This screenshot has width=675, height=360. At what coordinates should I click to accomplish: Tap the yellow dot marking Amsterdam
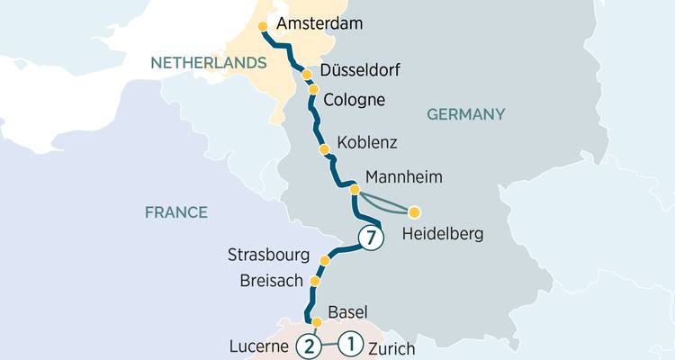pos(263,26)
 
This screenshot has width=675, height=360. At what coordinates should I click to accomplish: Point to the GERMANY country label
pos(465,114)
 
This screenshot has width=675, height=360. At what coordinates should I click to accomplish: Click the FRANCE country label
pos(176,212)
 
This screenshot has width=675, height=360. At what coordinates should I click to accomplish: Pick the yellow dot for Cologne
pos(313,89)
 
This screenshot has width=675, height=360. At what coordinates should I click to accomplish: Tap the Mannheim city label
pos(405,178)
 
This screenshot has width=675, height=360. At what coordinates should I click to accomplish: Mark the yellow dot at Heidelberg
pos(414,213)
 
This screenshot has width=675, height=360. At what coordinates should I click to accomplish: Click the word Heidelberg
pos(443,235)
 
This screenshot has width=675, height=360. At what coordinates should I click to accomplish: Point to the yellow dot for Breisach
pos(314,281)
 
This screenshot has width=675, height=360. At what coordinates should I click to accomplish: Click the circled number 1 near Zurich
pos(351,343)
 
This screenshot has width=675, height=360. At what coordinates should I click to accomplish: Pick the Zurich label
pos(391,348)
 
